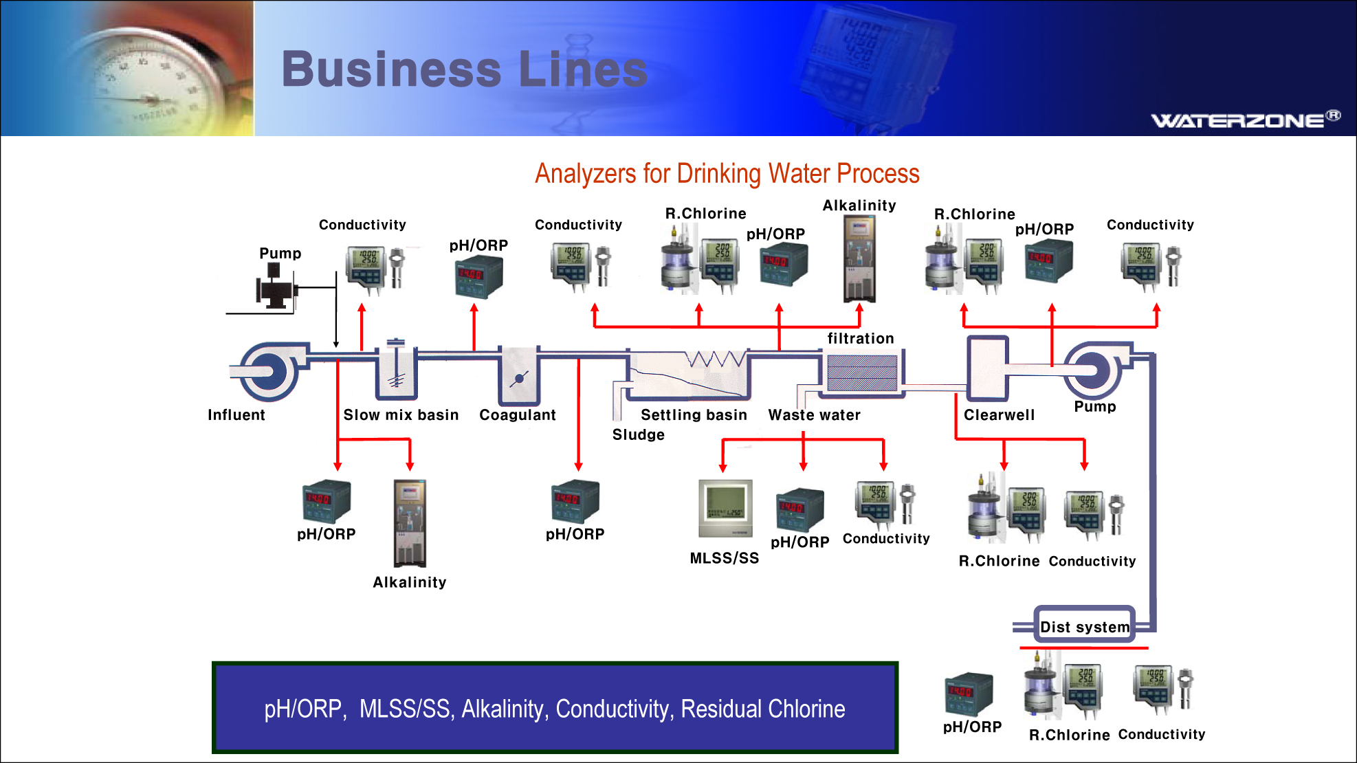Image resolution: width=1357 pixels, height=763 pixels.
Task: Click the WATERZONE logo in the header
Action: pyautogui.click(x=1245, y=120)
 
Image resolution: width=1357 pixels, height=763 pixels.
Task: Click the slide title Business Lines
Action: pyautogui.click(x=465, y=69)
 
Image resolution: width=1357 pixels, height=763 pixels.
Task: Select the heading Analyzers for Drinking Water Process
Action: pyautogui.click(x=727, y=174)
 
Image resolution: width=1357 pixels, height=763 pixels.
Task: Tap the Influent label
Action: pyautogui.click(x=236, y=415)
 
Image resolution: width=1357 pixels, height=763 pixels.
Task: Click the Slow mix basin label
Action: pyautogui.click(x=401, y=415)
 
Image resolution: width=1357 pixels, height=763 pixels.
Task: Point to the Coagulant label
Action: pyautogui.click(x=517, y=415)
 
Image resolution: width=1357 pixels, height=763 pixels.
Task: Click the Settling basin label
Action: pyautogui.click(x=693, y=415)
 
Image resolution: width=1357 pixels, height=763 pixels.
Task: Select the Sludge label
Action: pyautogui.click(x=638, y=435)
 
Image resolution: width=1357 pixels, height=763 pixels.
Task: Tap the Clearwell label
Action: pyautogui.click(x=999, y=415)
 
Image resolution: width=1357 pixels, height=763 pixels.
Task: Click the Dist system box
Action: pyautogui.click(x=1084, y=626)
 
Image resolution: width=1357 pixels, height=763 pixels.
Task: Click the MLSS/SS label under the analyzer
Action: pyautogui.click(x=724, y=558)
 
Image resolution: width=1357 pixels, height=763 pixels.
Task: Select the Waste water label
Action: pyautogui.click(x=814, y=415)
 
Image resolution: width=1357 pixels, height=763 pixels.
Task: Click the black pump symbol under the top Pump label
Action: pyautogui.click(x=276, y=287)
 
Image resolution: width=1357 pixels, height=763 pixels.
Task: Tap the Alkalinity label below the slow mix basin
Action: pyautogui.click(x=409, y=582)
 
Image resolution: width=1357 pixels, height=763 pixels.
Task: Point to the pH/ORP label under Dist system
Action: pyautogui.click(x=972, y=727)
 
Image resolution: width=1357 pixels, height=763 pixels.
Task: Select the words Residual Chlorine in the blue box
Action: pyautogui.click(x=762, y=709)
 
